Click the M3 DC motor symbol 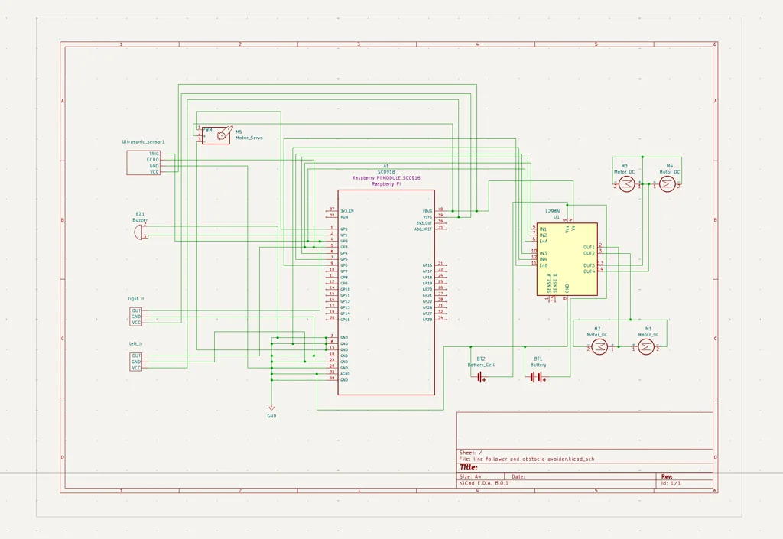pos(626,185)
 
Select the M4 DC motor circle pos(667,185)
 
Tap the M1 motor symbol pos(645,347)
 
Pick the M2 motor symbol pos(600,347)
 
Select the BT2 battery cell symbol pos(480,376)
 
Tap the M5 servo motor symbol pos(222,135)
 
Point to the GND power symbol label pos(271,416)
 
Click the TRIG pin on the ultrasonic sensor pos(154,154)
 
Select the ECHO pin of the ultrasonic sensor pos(153,160)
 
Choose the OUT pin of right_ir pos(136,310)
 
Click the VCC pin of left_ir pos(136,368)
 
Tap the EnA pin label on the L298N pos(544,241)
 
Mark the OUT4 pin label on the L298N pos(589,271)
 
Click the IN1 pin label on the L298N pos(543,229)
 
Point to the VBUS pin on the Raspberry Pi pos(427,210)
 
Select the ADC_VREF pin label pos(423,229)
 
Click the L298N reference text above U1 pos(552,211)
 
